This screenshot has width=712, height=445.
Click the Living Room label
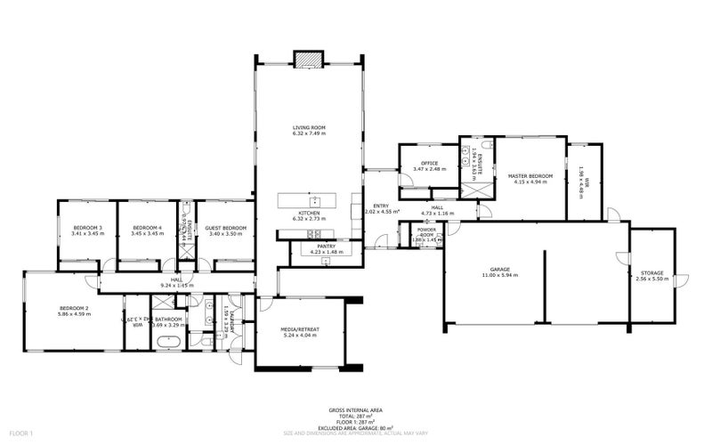(309, 128)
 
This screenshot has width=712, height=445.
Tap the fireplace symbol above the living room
(309, 57)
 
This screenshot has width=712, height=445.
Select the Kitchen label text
(309, 214)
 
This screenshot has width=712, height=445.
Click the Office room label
(430, 163)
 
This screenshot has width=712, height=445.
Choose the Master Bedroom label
(530, 176)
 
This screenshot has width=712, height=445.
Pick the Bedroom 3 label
(87, 228)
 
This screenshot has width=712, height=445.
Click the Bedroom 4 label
(147, 228)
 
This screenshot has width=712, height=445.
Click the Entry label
(381, 206)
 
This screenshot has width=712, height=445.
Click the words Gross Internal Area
(356, 411)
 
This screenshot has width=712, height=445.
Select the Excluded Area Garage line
(356, 426)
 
